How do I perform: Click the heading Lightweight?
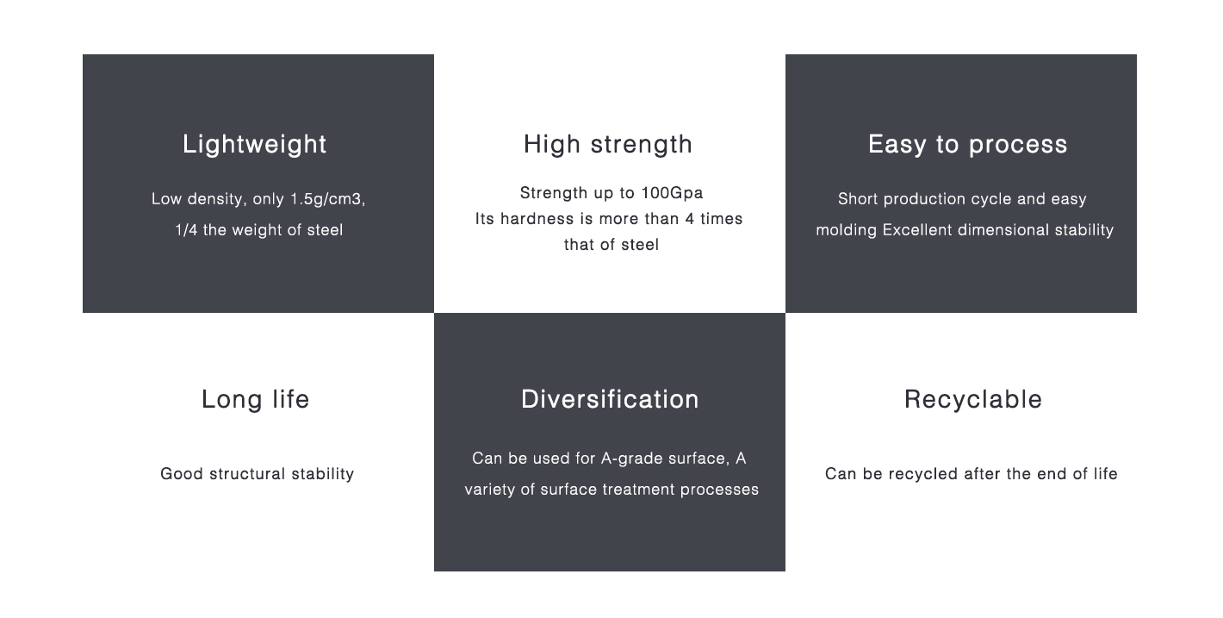point(254,145)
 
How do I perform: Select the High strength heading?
point(608,145)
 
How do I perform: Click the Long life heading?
point(256,399)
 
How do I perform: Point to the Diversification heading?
point(610,399)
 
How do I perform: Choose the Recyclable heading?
point(973,400)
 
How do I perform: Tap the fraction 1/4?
point(186,230)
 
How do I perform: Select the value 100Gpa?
point(672,193)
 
